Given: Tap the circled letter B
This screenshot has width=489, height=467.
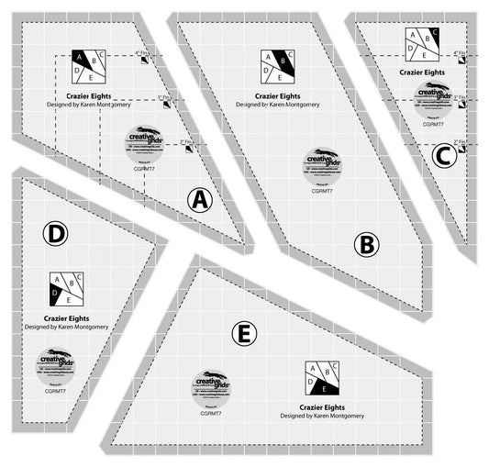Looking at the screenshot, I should pos(366,244).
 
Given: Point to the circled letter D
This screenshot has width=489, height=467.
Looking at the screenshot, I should pos(56,234).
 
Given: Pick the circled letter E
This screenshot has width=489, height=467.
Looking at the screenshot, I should pos(243,336).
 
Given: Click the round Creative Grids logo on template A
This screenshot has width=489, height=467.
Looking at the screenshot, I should pos(141,141).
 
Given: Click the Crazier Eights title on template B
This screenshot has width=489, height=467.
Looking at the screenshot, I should pos(277,95).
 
